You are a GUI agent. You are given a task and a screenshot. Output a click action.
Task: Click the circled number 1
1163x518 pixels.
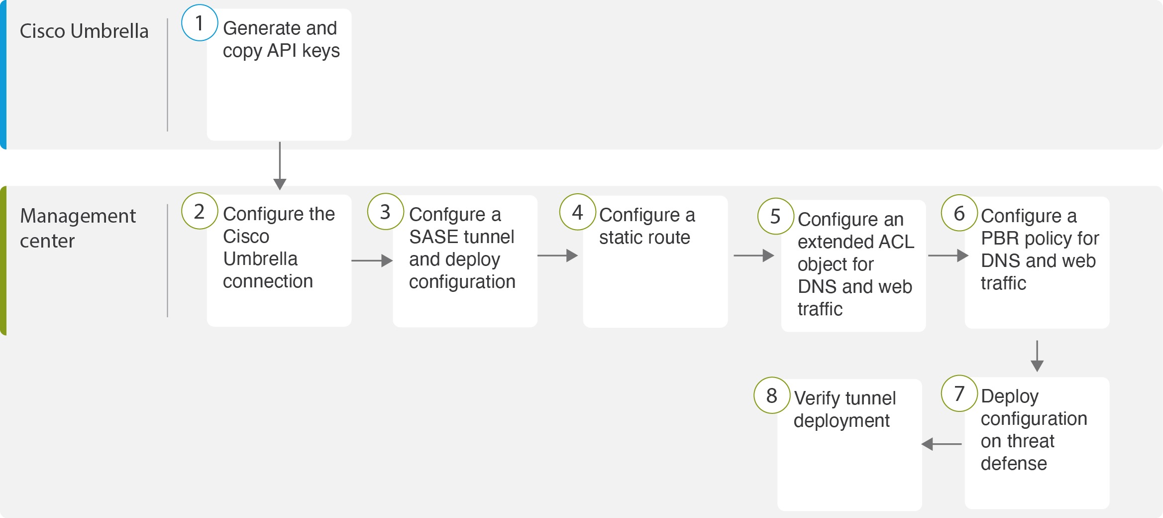coord(200,23)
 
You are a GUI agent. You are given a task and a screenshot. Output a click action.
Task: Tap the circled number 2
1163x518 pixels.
coord(200,211)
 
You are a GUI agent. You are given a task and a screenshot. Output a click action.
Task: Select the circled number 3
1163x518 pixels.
coord(385,212)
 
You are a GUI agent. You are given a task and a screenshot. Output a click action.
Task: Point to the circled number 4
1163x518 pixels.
coord(577,212)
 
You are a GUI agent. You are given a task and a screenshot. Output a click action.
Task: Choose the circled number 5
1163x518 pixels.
coord(775,216)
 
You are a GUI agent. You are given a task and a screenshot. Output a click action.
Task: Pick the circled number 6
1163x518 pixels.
coord(959,213)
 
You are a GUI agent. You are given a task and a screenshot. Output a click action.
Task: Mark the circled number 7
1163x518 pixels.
coord(959,393)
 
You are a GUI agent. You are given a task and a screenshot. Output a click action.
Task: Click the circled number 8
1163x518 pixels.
coord(771,396)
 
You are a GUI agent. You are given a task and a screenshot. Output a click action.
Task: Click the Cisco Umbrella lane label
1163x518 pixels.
coord(84,31)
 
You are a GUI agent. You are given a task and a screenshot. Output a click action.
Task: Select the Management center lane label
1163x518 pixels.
coord(78,228)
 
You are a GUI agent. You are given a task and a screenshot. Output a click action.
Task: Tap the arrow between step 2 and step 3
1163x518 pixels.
coord(372,260)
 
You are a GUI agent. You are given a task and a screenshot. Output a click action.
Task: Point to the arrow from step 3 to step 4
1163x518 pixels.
coord(557,256)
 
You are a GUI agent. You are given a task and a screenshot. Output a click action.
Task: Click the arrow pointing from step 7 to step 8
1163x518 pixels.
coord(942,444)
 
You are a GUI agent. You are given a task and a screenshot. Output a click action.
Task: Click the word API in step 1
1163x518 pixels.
coord(282,51)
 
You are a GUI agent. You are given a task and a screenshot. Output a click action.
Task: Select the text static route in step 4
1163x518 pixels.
coord(644,238)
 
